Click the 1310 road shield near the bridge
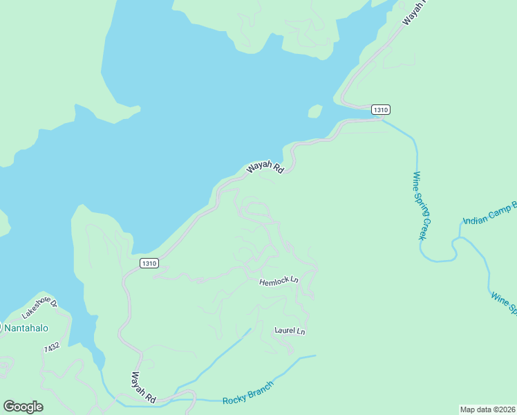(381, 109)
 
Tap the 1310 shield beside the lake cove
(149, 263)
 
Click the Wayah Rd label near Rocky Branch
(143, 387)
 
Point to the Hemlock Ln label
(279, 282)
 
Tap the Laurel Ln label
(290, 331)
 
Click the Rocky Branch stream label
(248, 393)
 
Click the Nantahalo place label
(26, 327)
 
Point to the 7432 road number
(51, 347)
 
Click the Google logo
(23, 407)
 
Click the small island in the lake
(315, 111)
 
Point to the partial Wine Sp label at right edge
(503, 302)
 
